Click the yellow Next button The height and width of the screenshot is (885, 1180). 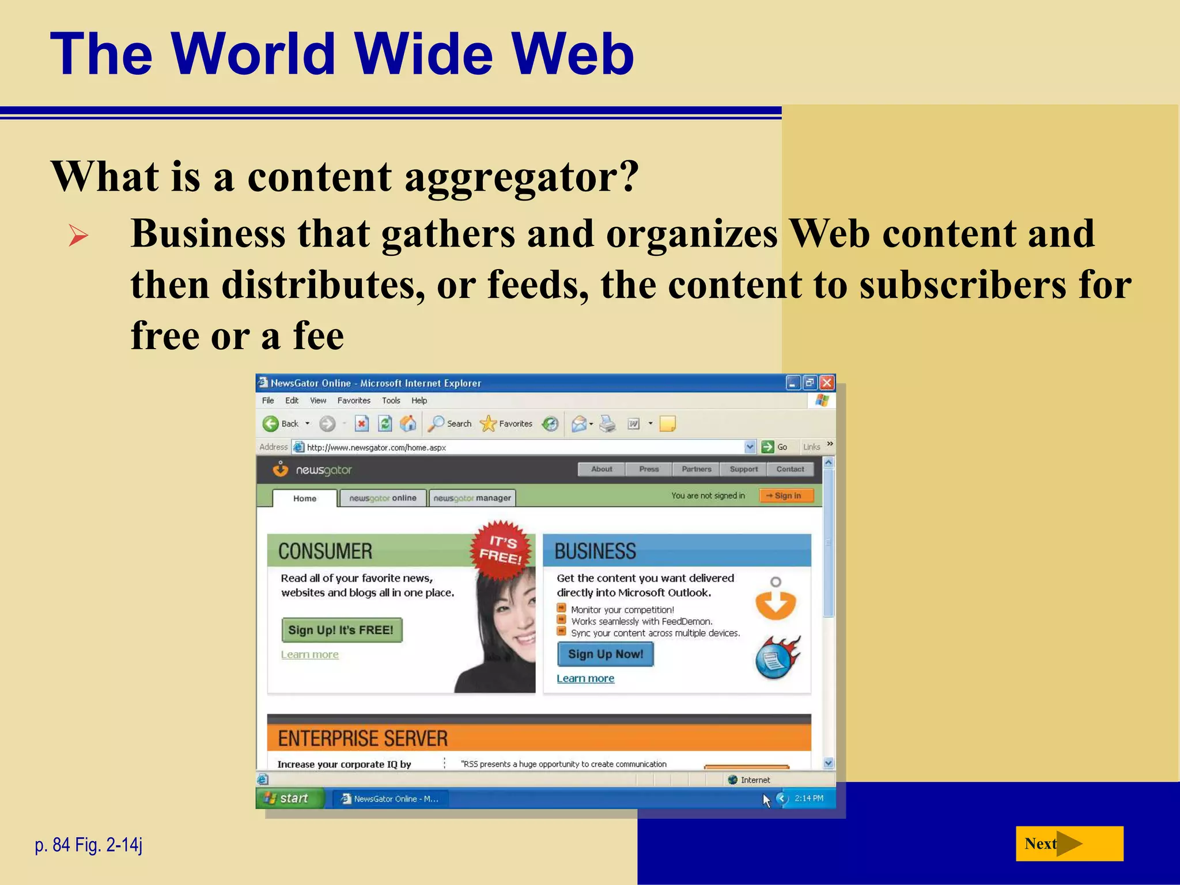[x=1069, y=844]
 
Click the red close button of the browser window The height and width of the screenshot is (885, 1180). [x=827, y=383]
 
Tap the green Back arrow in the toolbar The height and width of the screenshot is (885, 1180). [x=270, y=424]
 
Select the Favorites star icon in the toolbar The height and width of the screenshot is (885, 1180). [x=488, y=424]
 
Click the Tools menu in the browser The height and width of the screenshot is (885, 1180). [x=391, y=400]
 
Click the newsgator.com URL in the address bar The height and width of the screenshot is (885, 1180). [x=376, y=447]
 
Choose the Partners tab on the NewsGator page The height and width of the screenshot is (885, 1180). [x=696, y=469]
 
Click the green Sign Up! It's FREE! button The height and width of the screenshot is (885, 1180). [x=341, y=630]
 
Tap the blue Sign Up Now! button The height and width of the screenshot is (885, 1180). [x=605, y=654]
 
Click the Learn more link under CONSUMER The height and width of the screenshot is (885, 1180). [x=309, y=655]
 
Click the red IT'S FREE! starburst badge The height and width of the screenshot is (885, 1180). [x=500, y=549]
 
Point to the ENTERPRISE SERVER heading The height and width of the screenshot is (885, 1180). [x=362, y=738]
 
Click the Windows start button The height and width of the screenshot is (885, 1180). [x=288, y=799]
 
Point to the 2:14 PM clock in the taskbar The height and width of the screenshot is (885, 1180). [x=808, y=799]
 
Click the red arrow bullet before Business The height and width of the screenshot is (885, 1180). [x=78, y=236]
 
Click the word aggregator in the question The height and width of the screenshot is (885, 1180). [x=521, y=176]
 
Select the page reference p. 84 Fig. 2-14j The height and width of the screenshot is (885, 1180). [x=88, y=845]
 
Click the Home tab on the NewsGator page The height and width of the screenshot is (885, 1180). [x=304, y=498]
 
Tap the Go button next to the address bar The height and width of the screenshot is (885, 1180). [x=775, y=447]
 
